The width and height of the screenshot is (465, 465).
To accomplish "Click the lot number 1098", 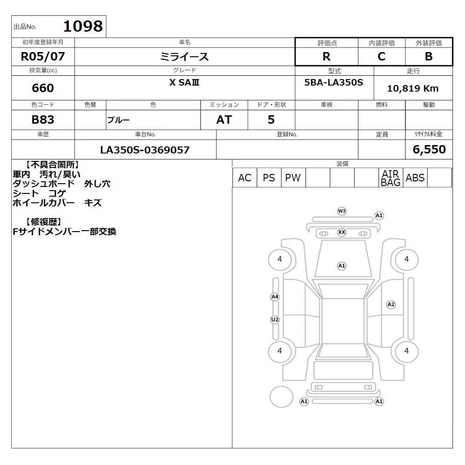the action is pos(83,26).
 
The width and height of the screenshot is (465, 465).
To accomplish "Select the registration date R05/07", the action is pos(43,56).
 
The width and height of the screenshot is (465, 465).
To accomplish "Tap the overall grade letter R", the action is pos(326,56).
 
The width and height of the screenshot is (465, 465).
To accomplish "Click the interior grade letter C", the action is pos(381,56).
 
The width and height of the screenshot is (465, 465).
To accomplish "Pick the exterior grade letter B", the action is pos(429,56).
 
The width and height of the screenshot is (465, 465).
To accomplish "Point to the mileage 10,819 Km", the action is pos(413,88).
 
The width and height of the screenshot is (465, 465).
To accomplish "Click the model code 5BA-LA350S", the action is pos(333,82).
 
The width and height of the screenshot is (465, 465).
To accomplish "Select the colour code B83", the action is pos(43,120).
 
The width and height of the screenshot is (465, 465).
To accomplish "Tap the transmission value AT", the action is pos(224,120).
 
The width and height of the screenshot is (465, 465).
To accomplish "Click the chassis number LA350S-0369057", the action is pos(145,150).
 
